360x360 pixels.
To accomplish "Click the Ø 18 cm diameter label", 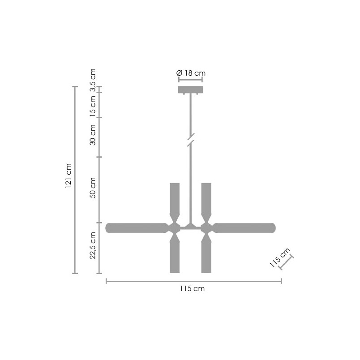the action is click(191, 73).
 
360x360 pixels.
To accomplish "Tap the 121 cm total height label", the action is click(69, 176).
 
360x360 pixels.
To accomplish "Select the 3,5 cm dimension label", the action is click(92, 80).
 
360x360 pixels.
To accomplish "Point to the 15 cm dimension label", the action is click(92, 106).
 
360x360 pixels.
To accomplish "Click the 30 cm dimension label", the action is click(92, 135).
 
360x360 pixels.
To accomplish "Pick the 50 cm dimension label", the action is click(92, 188).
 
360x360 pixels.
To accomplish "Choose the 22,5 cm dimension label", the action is click(92, 245).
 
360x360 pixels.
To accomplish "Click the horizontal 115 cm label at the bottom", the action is click(192, 288).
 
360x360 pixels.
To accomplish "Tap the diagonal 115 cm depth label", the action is click(280, 257).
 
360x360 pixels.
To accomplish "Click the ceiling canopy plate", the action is click(191, 90).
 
